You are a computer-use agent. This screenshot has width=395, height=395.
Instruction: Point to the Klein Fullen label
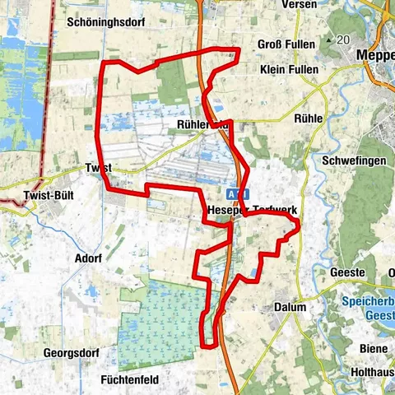tap(288, 70)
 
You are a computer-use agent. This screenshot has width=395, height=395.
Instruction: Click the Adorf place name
tap(86, 257)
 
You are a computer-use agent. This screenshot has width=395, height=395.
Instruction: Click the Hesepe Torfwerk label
tap(253, 209)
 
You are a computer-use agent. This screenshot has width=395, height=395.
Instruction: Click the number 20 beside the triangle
tap(343, 39)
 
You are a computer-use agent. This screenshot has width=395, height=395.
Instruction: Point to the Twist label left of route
tap(97, 167)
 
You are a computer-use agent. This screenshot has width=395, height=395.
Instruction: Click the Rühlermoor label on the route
tap(202, 124)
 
